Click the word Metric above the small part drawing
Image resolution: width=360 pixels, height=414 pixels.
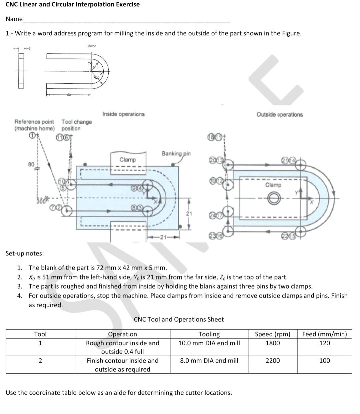point(92,46)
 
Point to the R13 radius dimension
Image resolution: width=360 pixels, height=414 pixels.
point(96,67)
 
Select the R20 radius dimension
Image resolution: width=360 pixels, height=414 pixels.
point(96,77)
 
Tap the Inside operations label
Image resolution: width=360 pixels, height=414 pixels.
point(123,114)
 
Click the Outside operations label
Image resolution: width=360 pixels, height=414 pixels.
point(279,114)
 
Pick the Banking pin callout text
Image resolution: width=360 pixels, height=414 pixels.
point(176,153)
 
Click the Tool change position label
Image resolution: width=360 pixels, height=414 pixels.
point(76,125)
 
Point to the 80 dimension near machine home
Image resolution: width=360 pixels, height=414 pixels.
point(31,164)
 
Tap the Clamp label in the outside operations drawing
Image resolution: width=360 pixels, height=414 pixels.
point(273,185)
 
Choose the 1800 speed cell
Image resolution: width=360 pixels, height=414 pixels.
point(272,343)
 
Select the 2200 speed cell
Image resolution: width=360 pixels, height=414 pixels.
point(272,360)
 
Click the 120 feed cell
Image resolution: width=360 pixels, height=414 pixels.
point(324,343)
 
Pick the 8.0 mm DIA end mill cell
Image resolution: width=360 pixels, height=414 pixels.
point(209,360)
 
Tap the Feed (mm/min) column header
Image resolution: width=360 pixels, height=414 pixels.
point(324,334)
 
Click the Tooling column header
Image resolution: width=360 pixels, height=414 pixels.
point(209,334)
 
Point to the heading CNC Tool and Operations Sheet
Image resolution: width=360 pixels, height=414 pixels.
point(179,319)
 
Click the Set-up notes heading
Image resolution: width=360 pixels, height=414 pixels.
point(25,253)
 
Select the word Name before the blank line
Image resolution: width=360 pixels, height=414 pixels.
point(14,19)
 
